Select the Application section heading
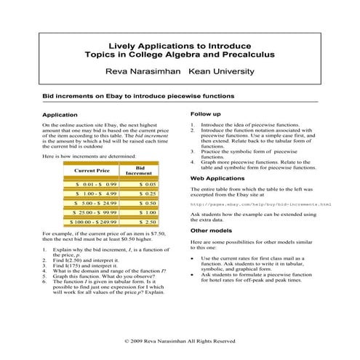coord(60,115)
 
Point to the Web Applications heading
coord(218,177)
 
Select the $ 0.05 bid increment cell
coord(148,186)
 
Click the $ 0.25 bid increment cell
coord(148,195)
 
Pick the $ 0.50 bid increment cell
coord(148,204)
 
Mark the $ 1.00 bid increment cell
coord(148,212)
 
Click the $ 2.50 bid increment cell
coord(148,222)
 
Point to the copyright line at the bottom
coord(180,340)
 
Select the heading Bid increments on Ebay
coord(137,95)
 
